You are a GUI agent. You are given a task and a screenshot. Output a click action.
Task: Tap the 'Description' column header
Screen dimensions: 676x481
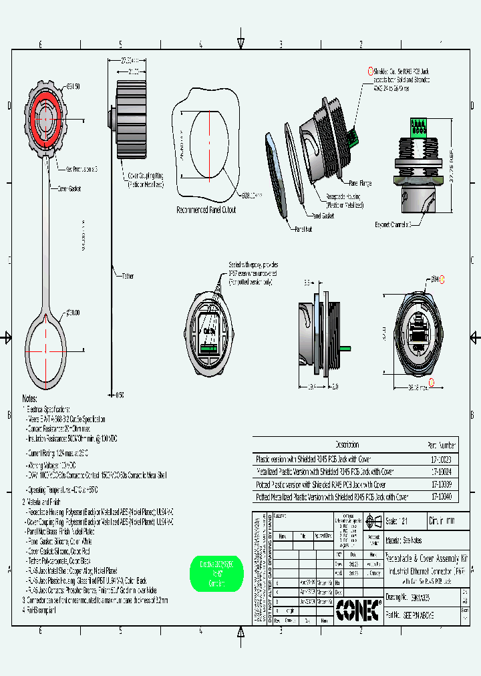point(347,445)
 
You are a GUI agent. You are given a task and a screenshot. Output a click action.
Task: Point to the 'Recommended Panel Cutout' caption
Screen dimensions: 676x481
point(206,210)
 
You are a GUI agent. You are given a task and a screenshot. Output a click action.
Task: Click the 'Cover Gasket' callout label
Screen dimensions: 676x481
point(69,189)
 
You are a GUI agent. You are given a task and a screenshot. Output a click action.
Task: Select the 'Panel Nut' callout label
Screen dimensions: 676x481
point(304,228)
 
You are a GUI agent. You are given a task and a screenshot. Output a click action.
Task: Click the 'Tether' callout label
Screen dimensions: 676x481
point(128,275)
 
